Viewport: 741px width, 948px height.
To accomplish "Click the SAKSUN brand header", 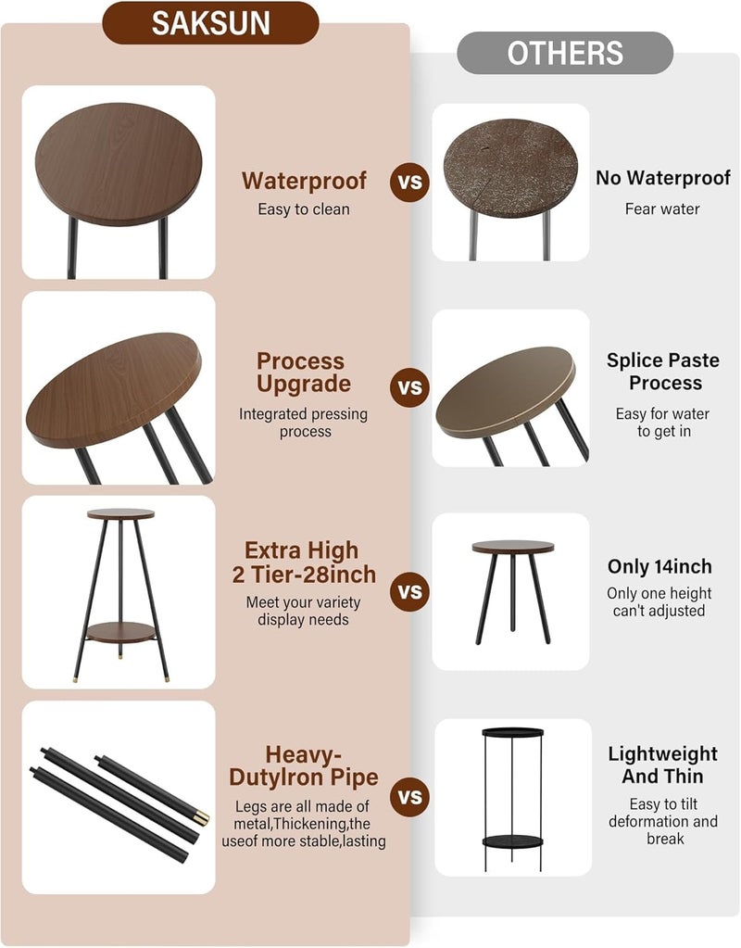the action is coord(210,23).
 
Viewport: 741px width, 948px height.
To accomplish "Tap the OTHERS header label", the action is coord(564,53).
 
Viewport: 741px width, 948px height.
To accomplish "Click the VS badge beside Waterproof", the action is coord(409,182).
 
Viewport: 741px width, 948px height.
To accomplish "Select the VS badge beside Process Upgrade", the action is coord(409,387).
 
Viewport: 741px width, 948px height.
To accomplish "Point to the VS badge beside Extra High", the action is coord(409,592).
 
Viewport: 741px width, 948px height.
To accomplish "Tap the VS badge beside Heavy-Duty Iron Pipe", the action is coord(409,797).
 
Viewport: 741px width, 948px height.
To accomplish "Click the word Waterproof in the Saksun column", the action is coord(304,181).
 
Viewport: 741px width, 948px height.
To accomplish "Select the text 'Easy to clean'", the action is coord(304,209).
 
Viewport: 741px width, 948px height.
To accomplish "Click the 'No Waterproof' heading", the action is coord(663,178).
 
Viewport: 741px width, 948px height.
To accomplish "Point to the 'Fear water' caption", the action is coord(662,209).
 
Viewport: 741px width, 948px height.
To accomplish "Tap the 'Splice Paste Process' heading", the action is coord(663,372).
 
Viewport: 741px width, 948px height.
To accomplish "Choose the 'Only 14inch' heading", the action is coord(659,566).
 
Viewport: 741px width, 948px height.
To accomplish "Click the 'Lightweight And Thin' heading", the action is coord(663,765).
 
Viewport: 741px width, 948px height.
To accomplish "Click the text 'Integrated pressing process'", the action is coord(304,423).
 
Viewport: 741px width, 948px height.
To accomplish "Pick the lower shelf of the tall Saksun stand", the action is coord(120,632).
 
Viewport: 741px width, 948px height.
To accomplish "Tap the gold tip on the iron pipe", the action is coord(201,816).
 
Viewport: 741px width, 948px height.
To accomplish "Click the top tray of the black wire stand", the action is coord(512,732).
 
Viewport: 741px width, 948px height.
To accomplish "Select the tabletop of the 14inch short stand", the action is coord(512,547).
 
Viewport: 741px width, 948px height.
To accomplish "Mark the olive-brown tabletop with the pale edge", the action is coord(506,391).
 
